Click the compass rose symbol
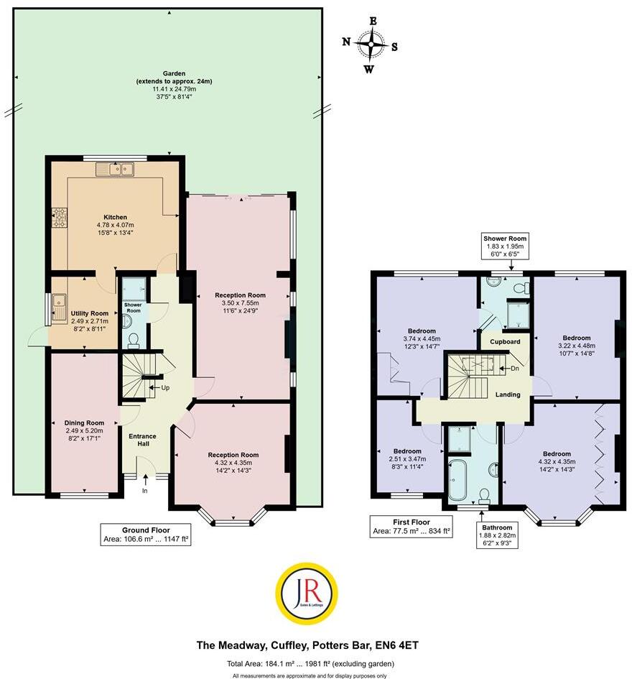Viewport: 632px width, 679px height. pos(371,45)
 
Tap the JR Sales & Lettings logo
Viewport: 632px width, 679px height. pos(307,593)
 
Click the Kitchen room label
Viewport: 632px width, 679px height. pos(115,217)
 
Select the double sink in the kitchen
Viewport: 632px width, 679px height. pos(115,170)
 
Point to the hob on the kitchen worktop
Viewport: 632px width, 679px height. pos(58,217)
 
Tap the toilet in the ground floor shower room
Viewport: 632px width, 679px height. pos(132,338)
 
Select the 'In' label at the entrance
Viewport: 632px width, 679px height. pos(144,491)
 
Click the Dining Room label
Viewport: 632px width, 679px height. pos(84,422)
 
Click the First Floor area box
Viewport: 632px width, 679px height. pos(411,527)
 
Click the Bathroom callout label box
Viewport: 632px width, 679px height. pos(498,534)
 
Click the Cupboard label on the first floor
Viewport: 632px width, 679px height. pos(505,341)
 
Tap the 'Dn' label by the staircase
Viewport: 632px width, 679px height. pos(513,369)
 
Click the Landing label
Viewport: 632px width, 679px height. pos(508,394)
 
